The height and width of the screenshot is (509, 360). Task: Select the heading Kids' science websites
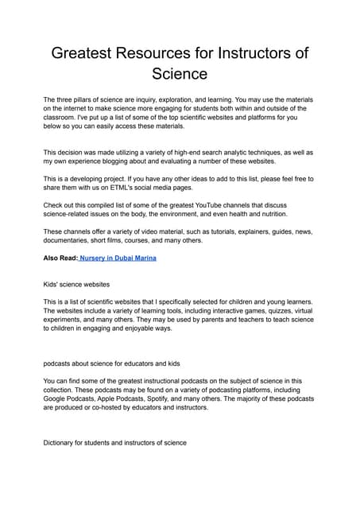click(82, 285)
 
